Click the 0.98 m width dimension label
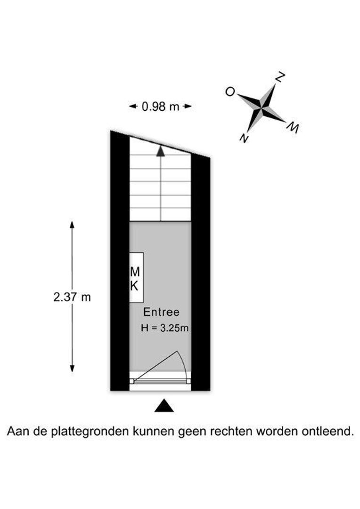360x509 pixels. (x=160, y=107)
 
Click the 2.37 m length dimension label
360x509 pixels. (x=72, y=297)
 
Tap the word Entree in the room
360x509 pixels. (x=161, y=312)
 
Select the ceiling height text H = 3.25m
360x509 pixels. (x=164, y=328)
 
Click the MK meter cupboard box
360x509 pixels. (x=136, y=278)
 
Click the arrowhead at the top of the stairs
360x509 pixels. (x=160, y=151)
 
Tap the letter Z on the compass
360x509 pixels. (x=280, y=77)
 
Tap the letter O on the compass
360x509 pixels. (x=230, y=92)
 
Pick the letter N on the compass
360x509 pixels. (x=244, y=139)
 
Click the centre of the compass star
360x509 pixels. (x=261, y=106)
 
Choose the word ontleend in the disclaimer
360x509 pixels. (x=327, y=431)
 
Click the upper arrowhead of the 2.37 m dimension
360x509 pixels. (x=72, y=225)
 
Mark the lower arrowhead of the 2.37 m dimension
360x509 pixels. (x=72, y=368)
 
